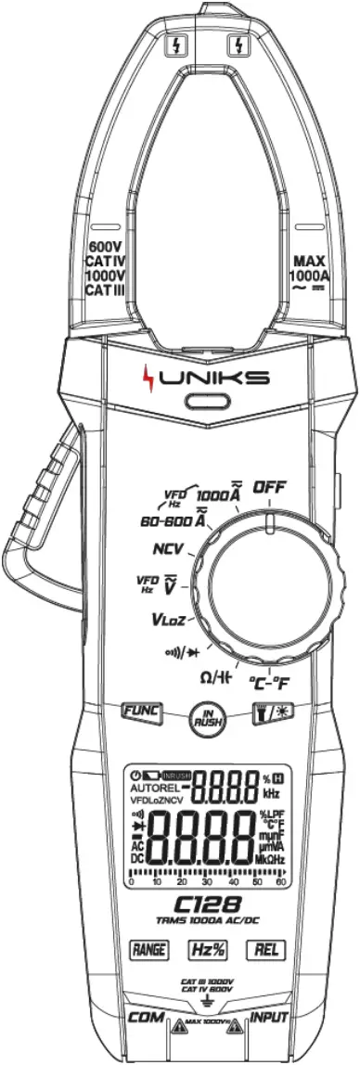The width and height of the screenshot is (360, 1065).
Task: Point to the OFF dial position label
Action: tap(272, 486)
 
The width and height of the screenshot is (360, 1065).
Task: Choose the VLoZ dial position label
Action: tap(173, 618)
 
